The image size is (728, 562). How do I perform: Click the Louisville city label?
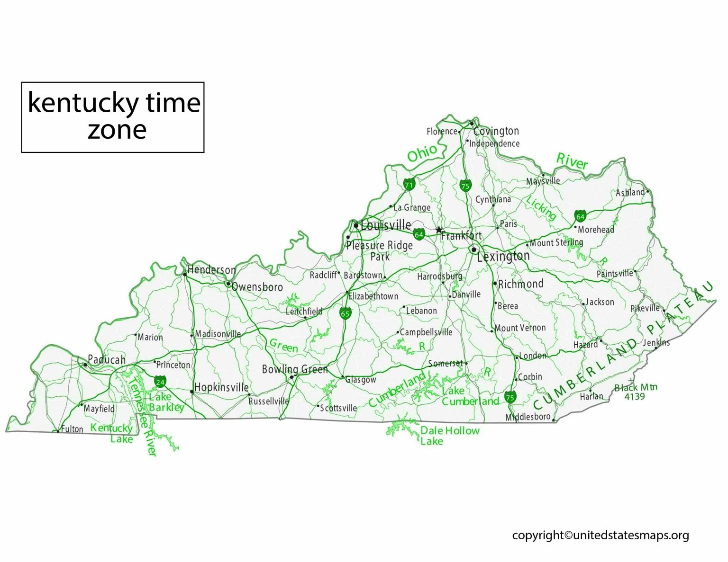(386, 225)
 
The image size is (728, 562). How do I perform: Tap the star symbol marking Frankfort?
(439, 230)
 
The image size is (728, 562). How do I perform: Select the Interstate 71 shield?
(409, 184)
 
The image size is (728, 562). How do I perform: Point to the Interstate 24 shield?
(160, 381)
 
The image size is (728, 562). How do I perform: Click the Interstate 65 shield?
(345, 313)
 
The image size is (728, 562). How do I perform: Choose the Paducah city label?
(107, 360)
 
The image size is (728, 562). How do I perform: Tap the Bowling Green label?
(295, 369)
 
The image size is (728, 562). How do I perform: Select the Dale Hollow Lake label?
(449, 436)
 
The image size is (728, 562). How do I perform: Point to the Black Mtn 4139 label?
(636, 392)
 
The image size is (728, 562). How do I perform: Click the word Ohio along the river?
(422, 153)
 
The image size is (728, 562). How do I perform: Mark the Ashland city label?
(630, 192)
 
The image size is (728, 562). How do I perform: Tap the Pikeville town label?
(645, 308)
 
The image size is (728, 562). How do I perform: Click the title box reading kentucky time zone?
(113, 117)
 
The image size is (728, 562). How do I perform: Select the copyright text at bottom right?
(601, 535)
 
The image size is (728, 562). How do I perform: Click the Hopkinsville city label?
(221, 387)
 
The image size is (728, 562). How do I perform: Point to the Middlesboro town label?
(528, 417)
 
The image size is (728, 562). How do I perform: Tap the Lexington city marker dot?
(473, 250)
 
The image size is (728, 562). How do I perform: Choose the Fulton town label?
(72, 429)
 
